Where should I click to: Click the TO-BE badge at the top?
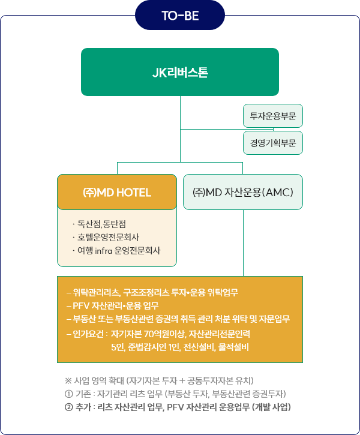pos(180,15)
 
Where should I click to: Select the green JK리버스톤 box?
pos(180,72)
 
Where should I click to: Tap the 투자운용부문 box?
pos(273,116)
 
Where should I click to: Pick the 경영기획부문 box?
pos(273,143)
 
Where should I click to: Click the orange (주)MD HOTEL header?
pos(117,192)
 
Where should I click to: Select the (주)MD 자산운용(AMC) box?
pos(242,192)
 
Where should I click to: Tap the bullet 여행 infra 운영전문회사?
pos(119,250)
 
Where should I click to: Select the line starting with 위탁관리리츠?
pos(152,293)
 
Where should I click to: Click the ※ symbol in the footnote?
pos(67,381)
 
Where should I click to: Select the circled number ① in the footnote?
pos(67,394)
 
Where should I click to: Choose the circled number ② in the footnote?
pos(67,407)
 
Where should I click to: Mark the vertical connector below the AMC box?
pos(243,243)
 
